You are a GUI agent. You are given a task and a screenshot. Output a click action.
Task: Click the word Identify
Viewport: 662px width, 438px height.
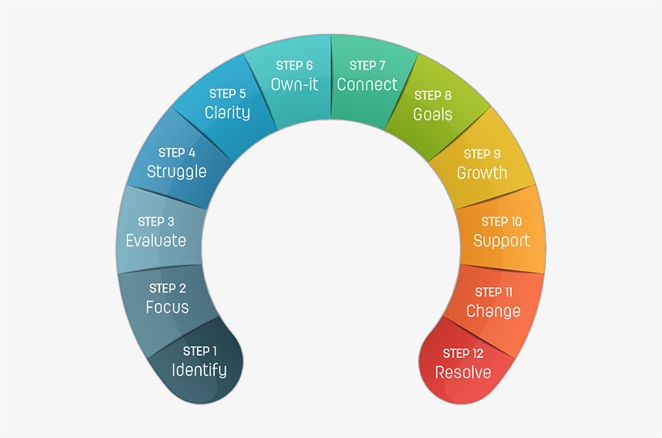click(199, 370)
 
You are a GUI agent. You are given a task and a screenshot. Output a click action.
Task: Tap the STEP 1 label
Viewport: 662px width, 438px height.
click(200, 351)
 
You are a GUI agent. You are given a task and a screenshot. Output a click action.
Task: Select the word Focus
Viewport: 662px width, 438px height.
click(167, 307)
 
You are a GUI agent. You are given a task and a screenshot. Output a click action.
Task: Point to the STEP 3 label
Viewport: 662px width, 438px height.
click(156, 221)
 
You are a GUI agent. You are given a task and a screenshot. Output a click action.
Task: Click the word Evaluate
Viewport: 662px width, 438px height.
click(156, 241)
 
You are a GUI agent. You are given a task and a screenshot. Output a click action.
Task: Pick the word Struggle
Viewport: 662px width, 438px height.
click(177, 171)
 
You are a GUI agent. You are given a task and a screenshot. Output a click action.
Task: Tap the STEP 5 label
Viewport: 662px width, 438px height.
click(228, 94)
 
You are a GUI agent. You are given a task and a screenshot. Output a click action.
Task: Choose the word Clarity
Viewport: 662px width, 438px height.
click(227, 113)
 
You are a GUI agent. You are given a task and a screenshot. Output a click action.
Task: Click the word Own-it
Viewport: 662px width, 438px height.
click(294, 85)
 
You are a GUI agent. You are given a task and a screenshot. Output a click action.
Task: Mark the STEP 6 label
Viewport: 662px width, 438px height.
click(294, 65)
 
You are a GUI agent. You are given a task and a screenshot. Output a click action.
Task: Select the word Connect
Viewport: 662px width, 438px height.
click(367, 85)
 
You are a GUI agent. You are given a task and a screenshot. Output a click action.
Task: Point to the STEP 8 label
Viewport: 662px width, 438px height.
click(433, 95)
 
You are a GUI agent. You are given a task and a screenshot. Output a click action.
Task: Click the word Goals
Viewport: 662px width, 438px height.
click(433, 115)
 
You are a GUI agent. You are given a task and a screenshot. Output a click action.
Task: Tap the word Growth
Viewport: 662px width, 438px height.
click(482, 173)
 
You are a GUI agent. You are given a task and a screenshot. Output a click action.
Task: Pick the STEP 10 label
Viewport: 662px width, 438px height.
click(501, 221)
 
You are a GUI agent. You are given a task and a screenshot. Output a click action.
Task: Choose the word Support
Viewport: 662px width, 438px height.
click(501, 241)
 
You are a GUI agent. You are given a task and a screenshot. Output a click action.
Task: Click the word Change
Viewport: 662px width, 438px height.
click(493, 311)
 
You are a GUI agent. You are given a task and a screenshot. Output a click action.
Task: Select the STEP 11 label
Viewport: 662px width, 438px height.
click(493, 292)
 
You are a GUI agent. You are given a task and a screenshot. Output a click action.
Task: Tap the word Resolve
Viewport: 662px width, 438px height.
click(463, 373)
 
